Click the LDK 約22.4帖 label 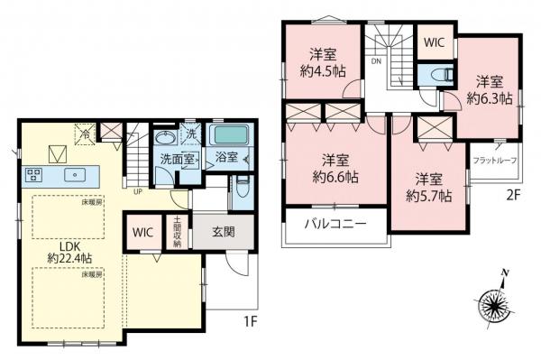[71, 252]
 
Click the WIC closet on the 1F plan [143, 232]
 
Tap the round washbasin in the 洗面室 [167, 139]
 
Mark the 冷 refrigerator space [83, 132]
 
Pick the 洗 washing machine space [192, 134]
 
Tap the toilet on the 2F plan [439, 76]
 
